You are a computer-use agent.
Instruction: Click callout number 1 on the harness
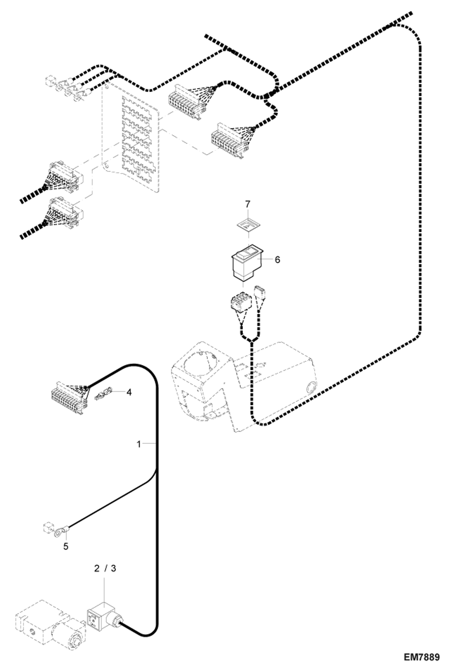click(139, 444)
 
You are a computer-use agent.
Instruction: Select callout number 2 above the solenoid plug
click(97, 568)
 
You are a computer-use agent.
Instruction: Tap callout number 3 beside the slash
click(113, 568)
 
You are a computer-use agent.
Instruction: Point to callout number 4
click(129, 392)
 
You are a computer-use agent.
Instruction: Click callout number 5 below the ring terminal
click(66, 547)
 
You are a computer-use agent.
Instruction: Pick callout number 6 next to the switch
click(277, 260)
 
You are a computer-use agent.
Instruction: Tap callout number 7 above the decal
click(247, 204)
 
